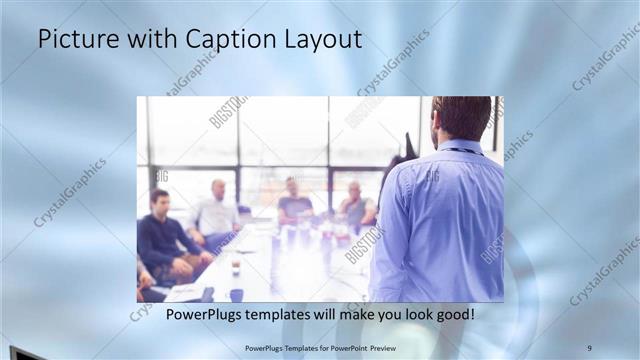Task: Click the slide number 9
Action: (589, 347)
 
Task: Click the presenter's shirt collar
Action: (462, 147)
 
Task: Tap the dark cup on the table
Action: (236, 294)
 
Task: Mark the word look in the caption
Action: (410, 315)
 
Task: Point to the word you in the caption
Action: (378, 315)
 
